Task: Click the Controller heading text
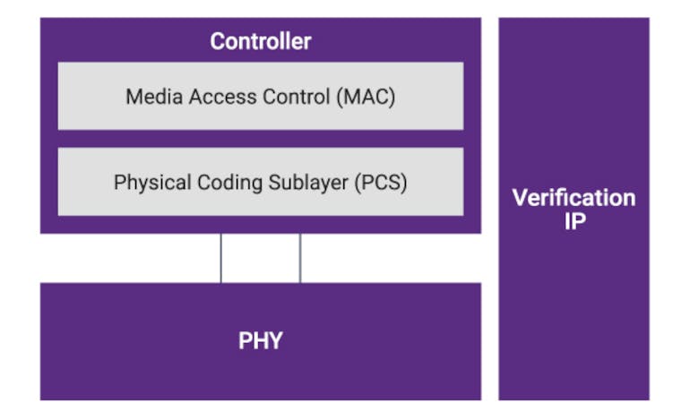coord(260,41)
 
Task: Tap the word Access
coord(211,97)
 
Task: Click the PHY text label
coord(260,341)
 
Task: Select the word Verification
coord(574,198)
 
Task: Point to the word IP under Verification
coord(574,221)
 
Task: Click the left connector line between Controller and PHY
coord(221,258)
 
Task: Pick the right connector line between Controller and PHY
coord(300,258)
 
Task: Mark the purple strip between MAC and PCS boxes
coord(260,139)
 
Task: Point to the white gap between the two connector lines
coord(261,258)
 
